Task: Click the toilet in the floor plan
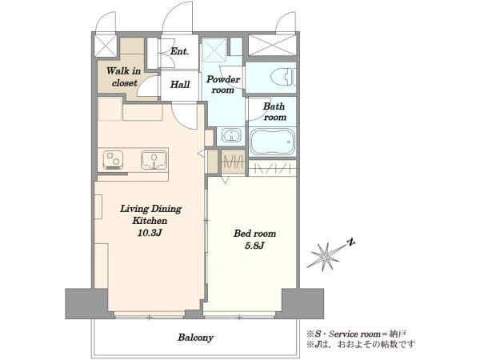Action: click(x=284, y=77)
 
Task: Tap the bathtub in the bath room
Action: click(x=272, y=142)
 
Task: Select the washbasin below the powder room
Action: click(x=231, y=134)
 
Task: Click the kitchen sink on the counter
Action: click(x=154, y=160)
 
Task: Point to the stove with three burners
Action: click(x=113, y=160)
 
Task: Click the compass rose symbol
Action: click(x=326, y=257)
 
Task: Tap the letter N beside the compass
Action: click(x=351, y=242)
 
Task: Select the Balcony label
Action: click(x=196, y=338)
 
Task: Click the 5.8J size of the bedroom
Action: click(x=254, y=246)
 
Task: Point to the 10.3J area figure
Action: click(x=150, y=233)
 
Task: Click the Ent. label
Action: click(x=179, y=51)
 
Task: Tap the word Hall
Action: click(x=180, y=84)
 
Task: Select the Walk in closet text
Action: click(x=124, y=77)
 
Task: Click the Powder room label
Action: click(x=223, y=85)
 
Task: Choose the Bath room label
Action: click(x=274, y=112)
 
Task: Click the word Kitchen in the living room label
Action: click(x=150, y=221)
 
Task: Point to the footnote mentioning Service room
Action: click(x=357, y=334)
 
